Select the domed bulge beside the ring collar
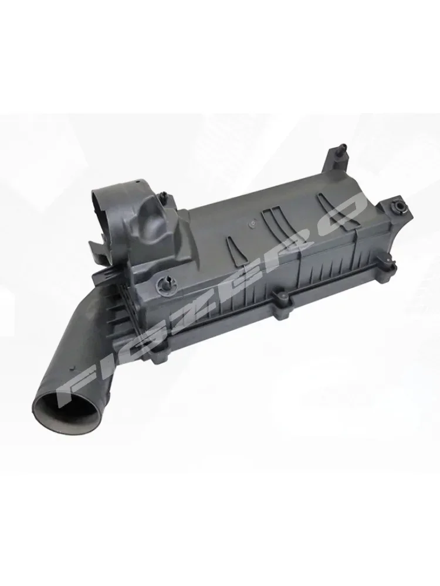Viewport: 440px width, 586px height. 154,223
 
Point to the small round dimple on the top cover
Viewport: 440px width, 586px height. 251,223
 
